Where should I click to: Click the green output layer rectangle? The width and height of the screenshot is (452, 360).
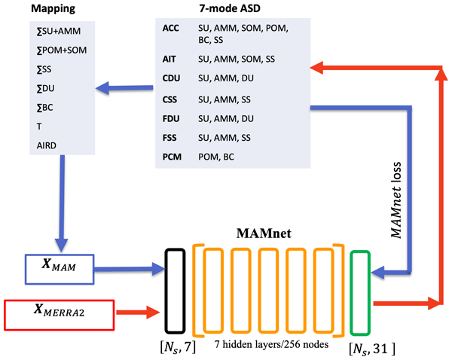coord(361,290)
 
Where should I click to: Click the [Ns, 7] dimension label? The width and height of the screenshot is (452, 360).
coord(180,346)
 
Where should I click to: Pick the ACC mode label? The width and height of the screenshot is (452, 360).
coord(171,28)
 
